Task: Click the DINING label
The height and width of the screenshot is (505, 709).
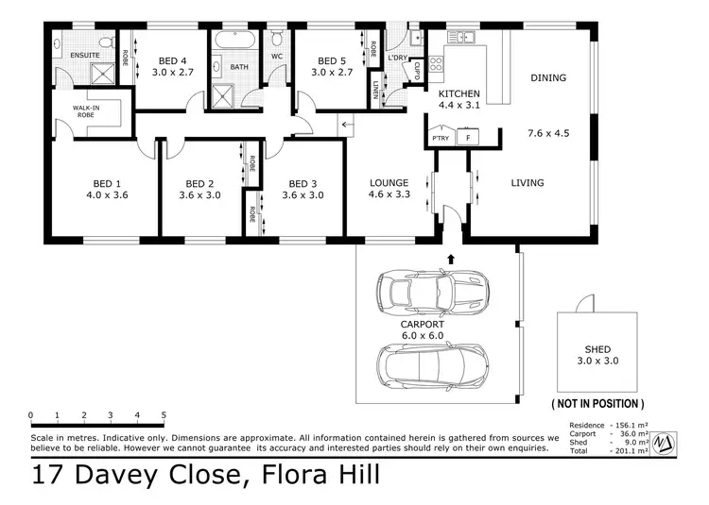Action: pos(547,78)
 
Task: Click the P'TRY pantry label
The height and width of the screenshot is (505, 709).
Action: pos(440,138)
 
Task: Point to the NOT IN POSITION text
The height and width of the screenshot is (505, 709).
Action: pos(597,403)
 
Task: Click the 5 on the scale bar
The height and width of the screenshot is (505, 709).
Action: pos(164,414)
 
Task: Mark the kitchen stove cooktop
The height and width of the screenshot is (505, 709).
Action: pos(437,65)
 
